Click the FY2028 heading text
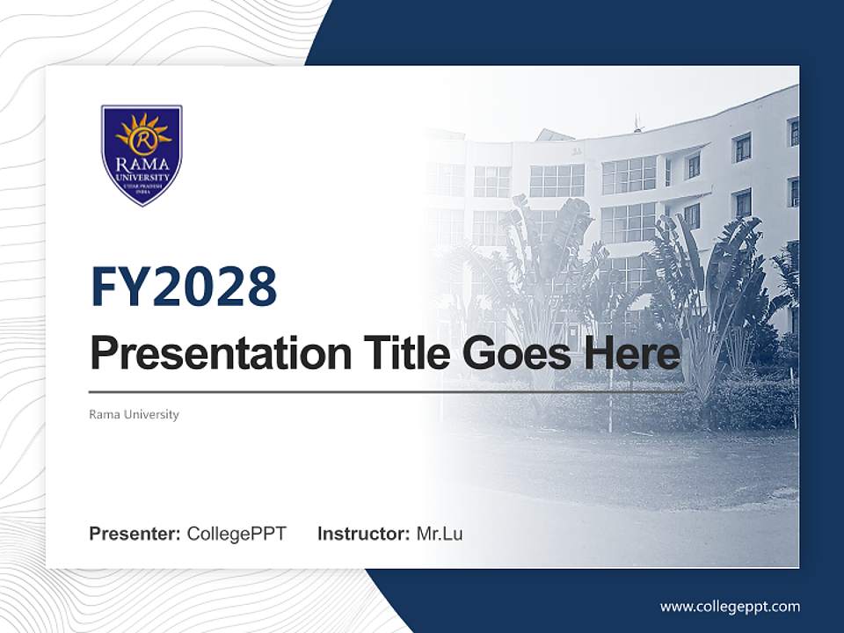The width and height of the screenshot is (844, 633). click(x=184, y=287)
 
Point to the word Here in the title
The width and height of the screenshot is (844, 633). click(x=634, y=353)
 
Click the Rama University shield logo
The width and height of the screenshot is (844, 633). click(x=142, y=155)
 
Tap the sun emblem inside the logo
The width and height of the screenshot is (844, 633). click(x=142, y=134)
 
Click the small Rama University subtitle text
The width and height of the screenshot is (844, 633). click(x=134, y=414)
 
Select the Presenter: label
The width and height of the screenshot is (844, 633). click(x=135, y=534)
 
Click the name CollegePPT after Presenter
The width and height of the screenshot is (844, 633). click(x=236, y=534)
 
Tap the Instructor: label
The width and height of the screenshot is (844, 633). click(x=363, y=534)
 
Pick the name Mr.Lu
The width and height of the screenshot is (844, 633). click(x=439, y=534)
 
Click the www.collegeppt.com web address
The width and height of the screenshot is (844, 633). click(x=730, y=607)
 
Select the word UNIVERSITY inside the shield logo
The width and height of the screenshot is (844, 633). click(x=142, y=176)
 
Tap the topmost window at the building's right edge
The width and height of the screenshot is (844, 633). click(x=793, y=132)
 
